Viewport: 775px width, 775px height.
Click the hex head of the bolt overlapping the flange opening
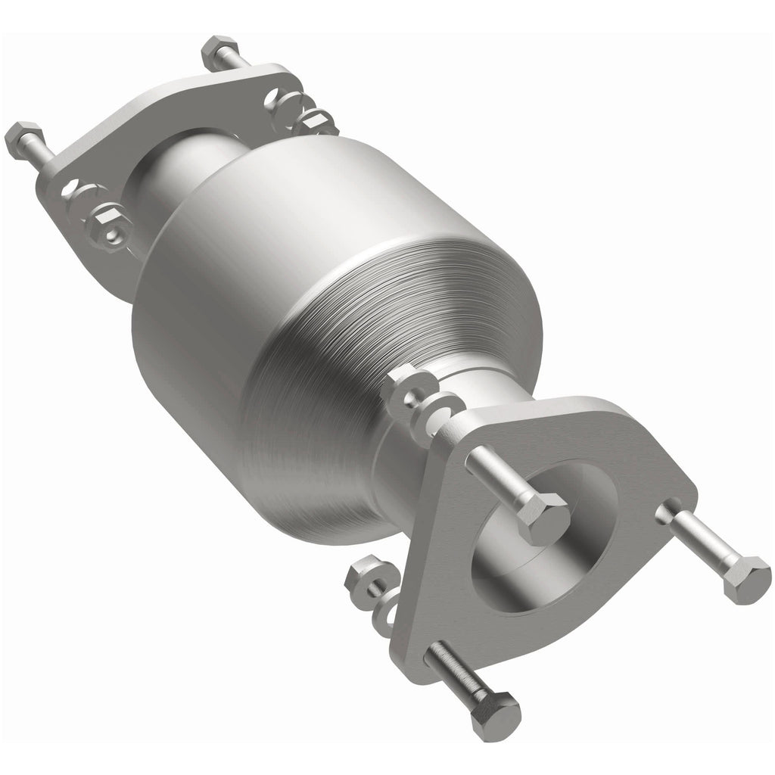pyautogui.click(x=543, y=518)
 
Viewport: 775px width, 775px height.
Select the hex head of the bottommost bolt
pyautogui.click(x=496, y=714)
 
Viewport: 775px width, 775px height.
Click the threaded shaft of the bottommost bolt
pyautogui.click(x=454, y=670)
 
